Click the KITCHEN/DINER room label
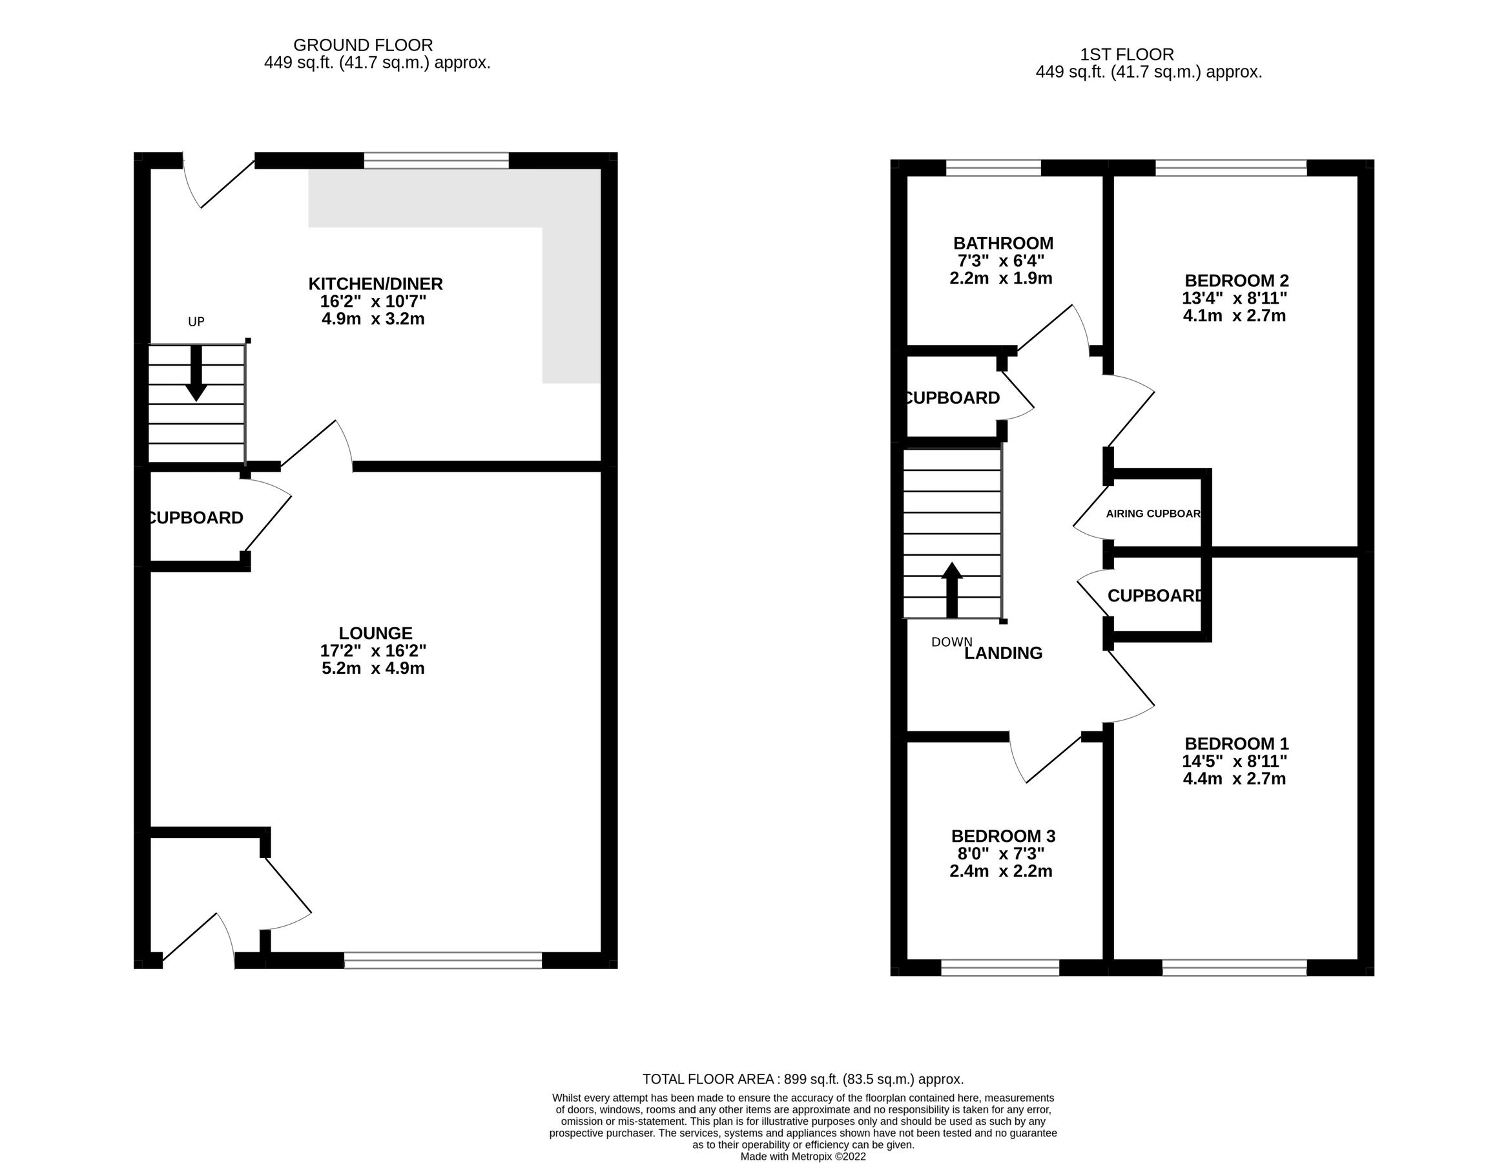(375, 284)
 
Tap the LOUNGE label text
(375, 633)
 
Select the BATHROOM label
(1002, 243)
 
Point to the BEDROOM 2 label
(1236, 280)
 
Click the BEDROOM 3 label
(1002, 835)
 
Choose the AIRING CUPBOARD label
(1153, 514)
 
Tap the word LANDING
(1002, 653)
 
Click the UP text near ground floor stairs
(196, 322)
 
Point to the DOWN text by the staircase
(951, 642)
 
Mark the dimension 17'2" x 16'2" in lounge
(373, 651)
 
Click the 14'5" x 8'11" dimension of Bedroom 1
(1235, 761)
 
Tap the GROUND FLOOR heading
(362, 45)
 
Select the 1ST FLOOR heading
(1127, 54)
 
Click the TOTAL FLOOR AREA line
(802, 1079)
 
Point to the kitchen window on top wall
(436, 161)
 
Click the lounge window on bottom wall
(442, 960)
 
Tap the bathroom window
(993, 168)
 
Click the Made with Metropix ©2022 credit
(802, 1156)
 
